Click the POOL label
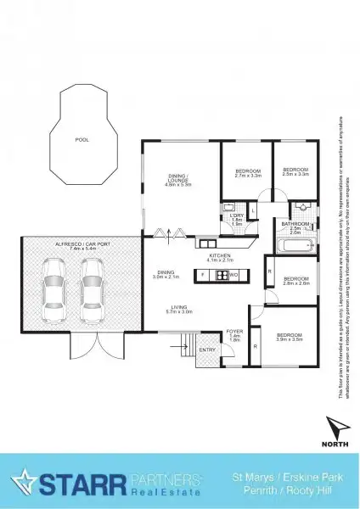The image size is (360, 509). coord(82,139)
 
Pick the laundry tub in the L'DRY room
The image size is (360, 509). coord(229,208)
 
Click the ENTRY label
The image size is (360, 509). coord(206,350)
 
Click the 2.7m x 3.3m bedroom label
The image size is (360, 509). coord(247,172)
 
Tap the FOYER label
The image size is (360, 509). coord(234,332)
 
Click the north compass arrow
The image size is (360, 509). coord(337,427)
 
